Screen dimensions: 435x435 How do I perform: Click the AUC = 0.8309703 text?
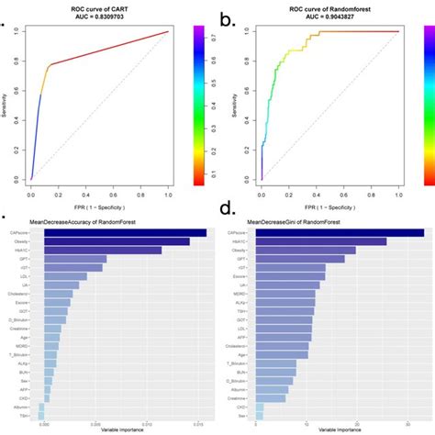99,17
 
